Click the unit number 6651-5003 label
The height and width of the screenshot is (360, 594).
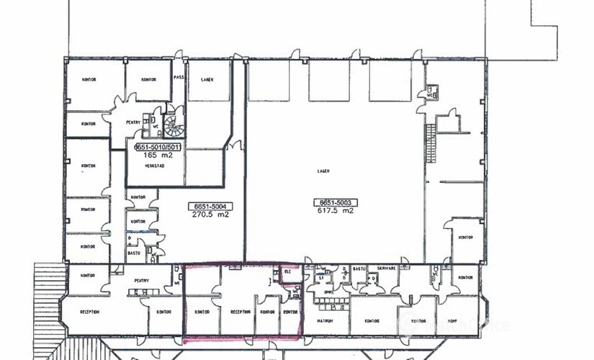click(333, 202)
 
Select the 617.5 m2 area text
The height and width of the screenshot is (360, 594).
click(333, 211)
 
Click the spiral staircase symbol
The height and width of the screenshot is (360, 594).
click(174, 127)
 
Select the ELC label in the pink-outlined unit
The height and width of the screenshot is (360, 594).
click(286, 272)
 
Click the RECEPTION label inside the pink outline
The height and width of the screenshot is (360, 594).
click(240, 312)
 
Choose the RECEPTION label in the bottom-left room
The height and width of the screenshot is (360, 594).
click(89, 312)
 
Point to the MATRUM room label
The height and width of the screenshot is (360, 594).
click(323, 321)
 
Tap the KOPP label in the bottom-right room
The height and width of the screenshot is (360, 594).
click(454, 321)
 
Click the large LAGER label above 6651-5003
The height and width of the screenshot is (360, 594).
click(323, 171)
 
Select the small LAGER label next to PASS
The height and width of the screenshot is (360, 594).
click(207, 80)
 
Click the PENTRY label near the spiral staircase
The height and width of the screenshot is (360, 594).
click(133, 122)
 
